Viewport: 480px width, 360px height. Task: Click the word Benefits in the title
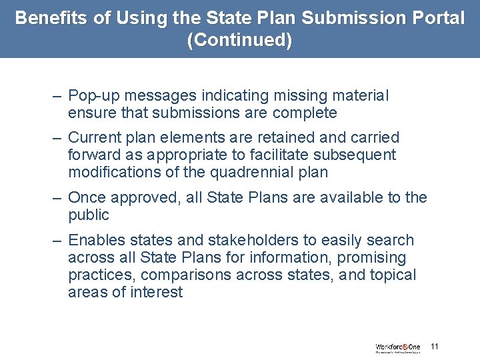pyautogui.click(x=52, y=18)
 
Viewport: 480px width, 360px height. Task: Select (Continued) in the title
pyautogui.click(x=240, y=40)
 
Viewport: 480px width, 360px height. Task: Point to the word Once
pyautogui.click(x=87, y=198)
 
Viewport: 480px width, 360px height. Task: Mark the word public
pyautogui.click(x=88, y=215)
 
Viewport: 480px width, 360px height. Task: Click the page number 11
pyautogui.click(x=435, y=347)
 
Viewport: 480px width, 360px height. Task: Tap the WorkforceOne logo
pyautogui.click(x=398, y=348)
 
